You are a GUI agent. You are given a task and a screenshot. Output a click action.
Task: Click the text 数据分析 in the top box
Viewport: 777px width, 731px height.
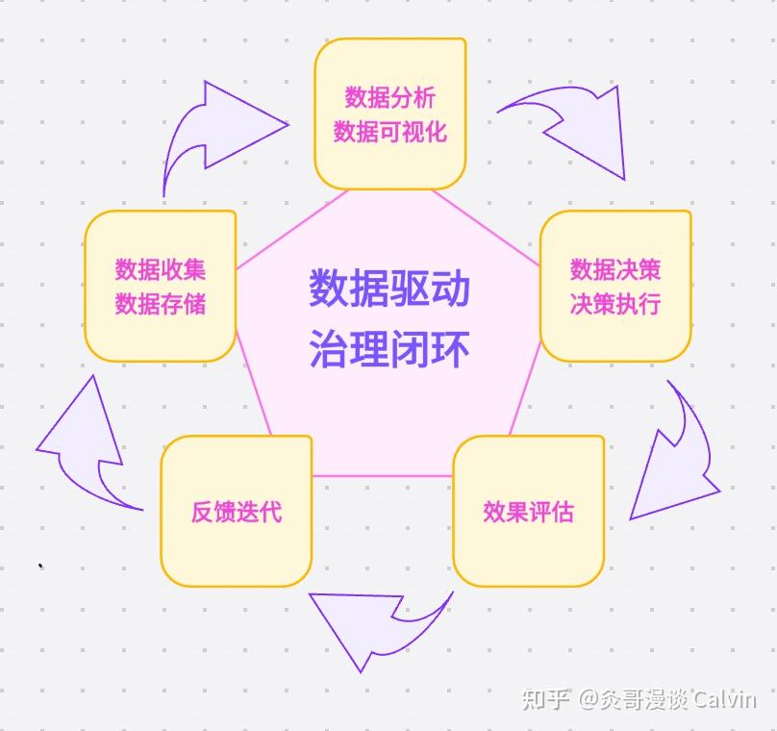(390, 97)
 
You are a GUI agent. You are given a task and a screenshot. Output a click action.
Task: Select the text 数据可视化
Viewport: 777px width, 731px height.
(390, 132)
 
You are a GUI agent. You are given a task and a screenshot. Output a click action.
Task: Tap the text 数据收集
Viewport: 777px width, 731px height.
(161, 269)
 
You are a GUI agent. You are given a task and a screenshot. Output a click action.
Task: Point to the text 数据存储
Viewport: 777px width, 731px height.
(161, 304)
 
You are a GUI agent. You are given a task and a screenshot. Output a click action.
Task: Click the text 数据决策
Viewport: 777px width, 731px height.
(615, 269)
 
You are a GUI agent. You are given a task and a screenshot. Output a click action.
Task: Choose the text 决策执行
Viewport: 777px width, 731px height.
(615, 304)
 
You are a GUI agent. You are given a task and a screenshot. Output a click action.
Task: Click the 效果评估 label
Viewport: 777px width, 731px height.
(528, 512)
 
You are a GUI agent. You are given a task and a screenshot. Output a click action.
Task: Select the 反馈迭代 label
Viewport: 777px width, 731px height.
(237, 512)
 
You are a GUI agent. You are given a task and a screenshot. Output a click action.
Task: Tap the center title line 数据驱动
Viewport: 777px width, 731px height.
(389, 289)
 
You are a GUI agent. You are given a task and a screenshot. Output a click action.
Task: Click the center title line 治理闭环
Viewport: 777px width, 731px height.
(389, 348)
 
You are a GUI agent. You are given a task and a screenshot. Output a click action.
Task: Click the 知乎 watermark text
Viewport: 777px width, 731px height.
(545, 699)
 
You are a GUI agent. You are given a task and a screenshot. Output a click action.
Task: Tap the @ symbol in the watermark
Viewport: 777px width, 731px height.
(588, 699)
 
